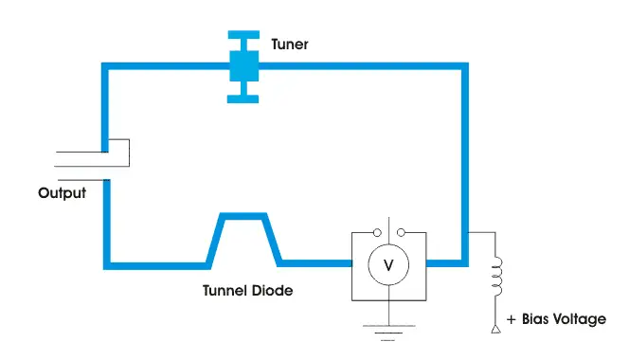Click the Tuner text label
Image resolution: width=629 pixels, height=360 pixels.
point(289,44)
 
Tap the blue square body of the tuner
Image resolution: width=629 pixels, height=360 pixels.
point(245,65)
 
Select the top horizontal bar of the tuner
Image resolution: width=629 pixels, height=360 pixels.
point(245,33)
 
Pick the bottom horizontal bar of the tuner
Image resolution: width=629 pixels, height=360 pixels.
point(245,97)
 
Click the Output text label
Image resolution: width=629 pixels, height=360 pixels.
point(62,193)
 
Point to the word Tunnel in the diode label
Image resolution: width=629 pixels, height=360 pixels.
point(225,291)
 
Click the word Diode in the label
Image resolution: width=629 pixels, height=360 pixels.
point(273,291)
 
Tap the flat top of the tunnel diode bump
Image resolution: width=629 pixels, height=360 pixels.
point(244,217)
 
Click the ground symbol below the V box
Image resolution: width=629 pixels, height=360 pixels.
point(387,331)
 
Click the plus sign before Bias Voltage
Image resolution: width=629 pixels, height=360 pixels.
point(512,319)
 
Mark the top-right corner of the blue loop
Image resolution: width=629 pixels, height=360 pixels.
point(463,66)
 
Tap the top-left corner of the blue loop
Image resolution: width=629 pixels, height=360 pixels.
point(107,66)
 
